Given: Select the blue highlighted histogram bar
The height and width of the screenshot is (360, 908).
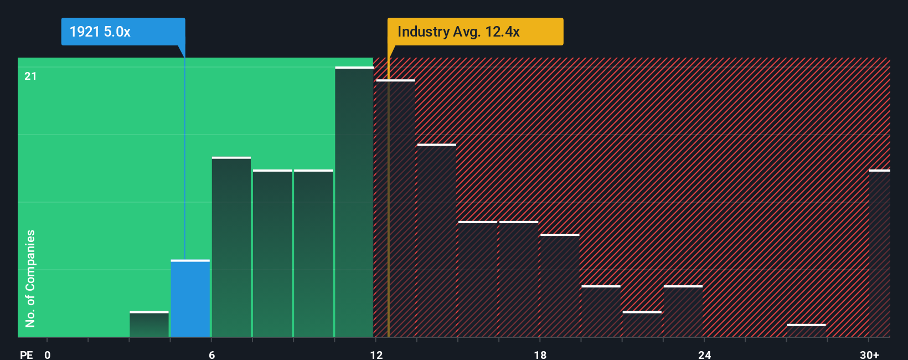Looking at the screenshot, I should coord(190,299).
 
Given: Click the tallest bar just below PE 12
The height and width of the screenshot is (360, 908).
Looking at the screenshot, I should coord(354,202).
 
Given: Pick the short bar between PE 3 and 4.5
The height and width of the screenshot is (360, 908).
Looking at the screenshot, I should coord(149,325).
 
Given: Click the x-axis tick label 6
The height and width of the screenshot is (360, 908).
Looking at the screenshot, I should coord(211,354).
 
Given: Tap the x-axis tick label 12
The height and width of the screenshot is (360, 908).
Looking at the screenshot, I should coord(376,354).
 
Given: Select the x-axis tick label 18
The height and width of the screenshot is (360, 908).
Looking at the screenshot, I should coord(540,354).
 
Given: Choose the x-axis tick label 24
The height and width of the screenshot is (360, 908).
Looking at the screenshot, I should coord(704,354).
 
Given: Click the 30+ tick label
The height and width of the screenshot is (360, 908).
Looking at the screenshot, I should coord(869,354).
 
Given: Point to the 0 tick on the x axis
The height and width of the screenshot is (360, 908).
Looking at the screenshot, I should coord(48,354).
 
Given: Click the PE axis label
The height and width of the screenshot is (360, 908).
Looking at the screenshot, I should coord(26,354).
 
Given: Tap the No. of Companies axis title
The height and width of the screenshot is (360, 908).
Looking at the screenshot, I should coord(30,278).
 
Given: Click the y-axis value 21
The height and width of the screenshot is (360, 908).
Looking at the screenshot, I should coord(30,76).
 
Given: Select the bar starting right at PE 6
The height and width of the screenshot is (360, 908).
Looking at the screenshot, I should coord(231,248).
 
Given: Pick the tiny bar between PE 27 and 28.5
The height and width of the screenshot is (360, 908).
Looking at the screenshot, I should coord(806,331).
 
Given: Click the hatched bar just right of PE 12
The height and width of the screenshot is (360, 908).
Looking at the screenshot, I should coord(395,209).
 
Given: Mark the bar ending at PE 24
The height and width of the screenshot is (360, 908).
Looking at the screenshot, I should coord(683,311).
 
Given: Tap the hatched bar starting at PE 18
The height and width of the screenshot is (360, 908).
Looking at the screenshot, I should coord(560,286).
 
